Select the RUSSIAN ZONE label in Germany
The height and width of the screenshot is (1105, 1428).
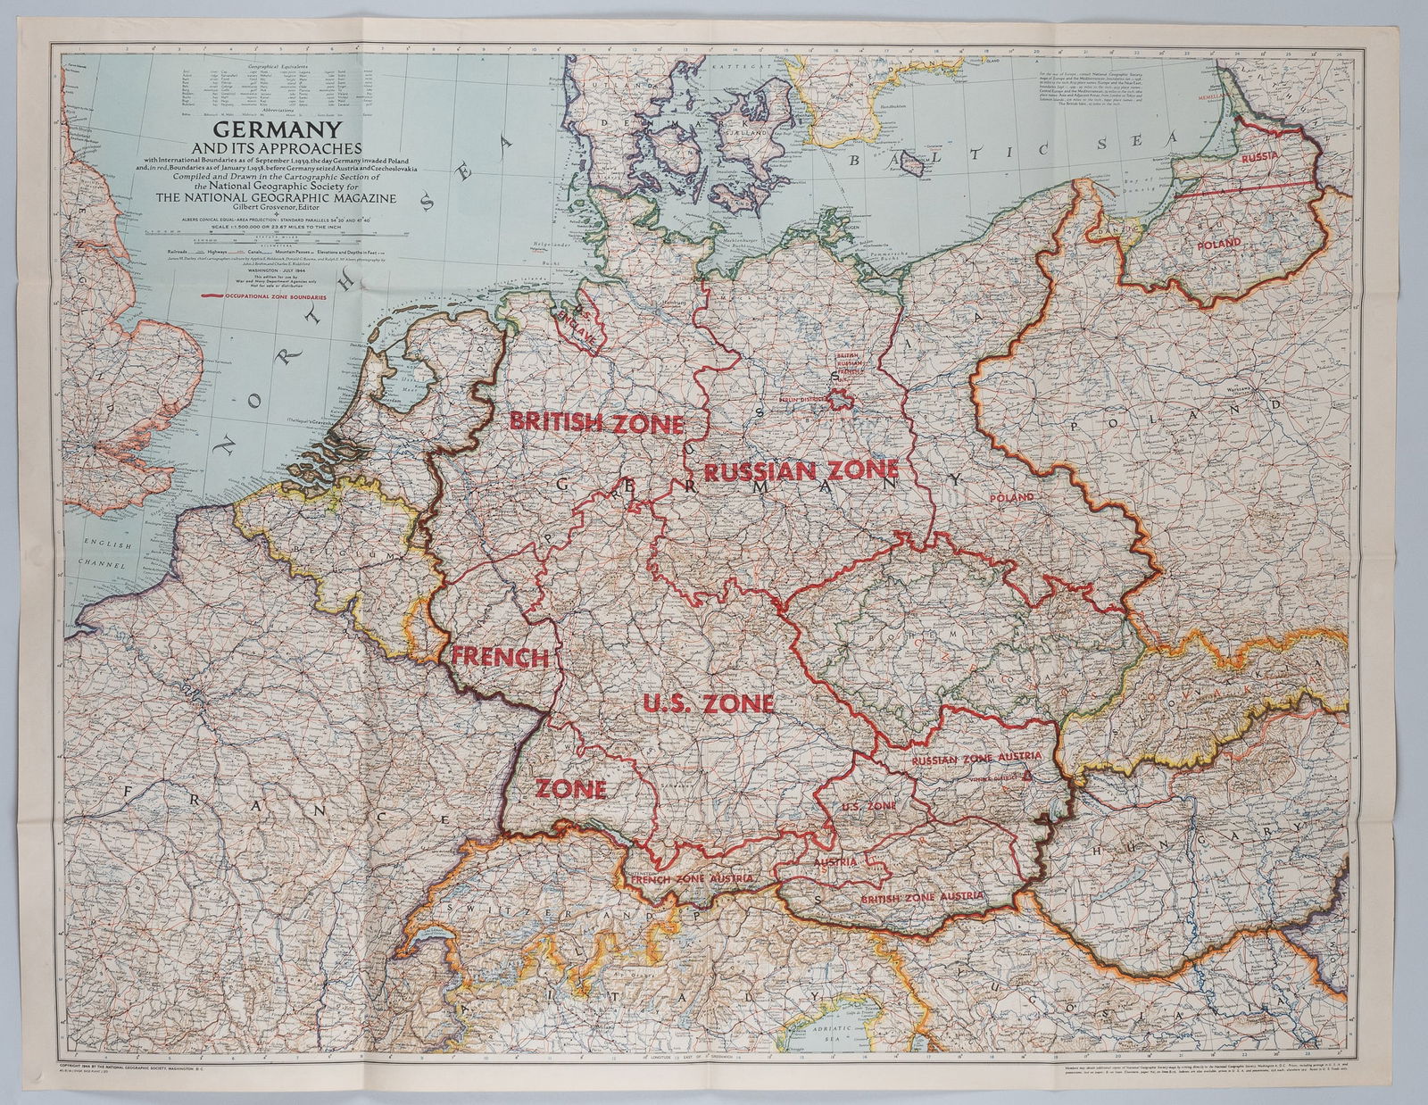coord(800,470)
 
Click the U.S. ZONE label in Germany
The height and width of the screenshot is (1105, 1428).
coord(708,703)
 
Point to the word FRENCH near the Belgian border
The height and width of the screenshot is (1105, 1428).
coord(500,658)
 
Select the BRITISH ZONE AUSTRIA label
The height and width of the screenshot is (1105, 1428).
coord(917,896)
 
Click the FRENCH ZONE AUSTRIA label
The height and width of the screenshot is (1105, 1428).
coord(692,879)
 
